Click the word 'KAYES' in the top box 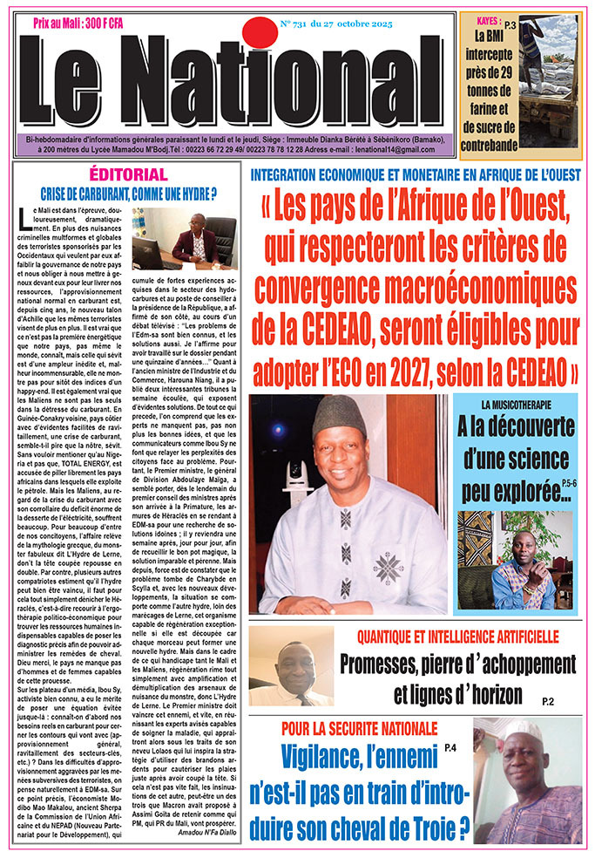click(x=482, y=19)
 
